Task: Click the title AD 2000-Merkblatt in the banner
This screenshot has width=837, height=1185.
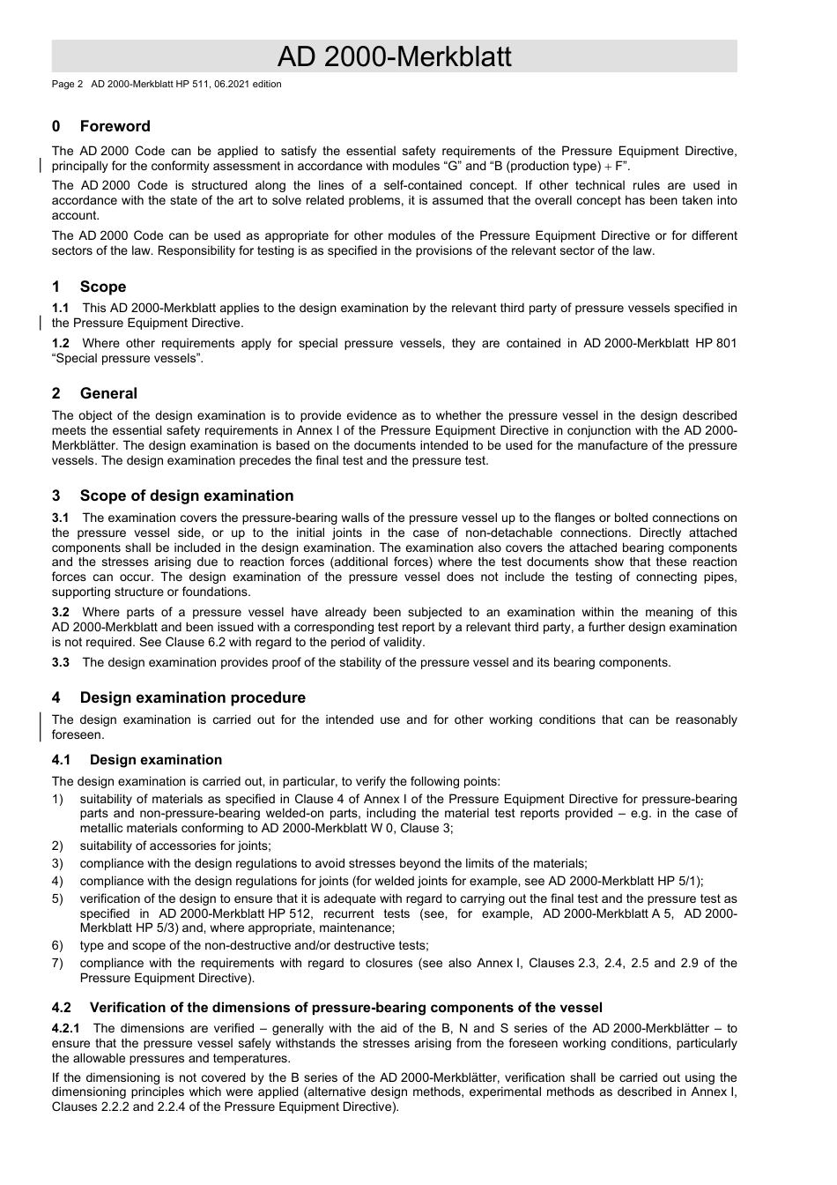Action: [x=394, y=56]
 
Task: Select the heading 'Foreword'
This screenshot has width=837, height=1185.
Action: [x=115, y=126]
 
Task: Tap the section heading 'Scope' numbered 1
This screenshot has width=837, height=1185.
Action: [x=102, y=287]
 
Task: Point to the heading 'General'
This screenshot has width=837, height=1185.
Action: [x=108, y=393]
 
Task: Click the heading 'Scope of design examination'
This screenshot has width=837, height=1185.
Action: [x=186, y=496]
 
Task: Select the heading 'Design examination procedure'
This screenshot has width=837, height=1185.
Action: [x=192, y=697]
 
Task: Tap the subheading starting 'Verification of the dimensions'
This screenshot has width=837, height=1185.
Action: [x=345, y=1008]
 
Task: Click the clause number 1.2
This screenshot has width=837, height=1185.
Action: [x=61, y=343]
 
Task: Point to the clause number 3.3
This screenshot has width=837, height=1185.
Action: [x=61, y=662]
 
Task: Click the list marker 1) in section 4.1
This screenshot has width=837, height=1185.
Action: [x=57, y=799]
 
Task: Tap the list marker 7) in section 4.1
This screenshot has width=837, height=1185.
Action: [x=57, y=963]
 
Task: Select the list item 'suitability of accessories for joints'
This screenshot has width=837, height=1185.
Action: [x=175, y=846]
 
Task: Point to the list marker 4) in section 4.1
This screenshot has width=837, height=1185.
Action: [x=57, y=881]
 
